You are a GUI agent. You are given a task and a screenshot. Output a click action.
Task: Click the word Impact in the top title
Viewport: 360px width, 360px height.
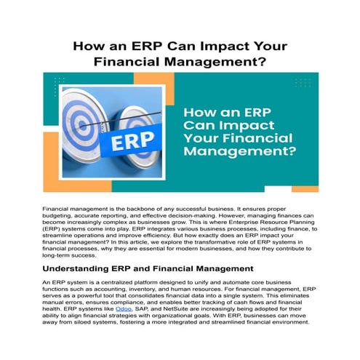pyautogui.click(x=201, y=46)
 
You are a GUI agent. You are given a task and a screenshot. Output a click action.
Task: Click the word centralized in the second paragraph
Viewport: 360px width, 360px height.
pyautogui.click(x=117, y=281)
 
